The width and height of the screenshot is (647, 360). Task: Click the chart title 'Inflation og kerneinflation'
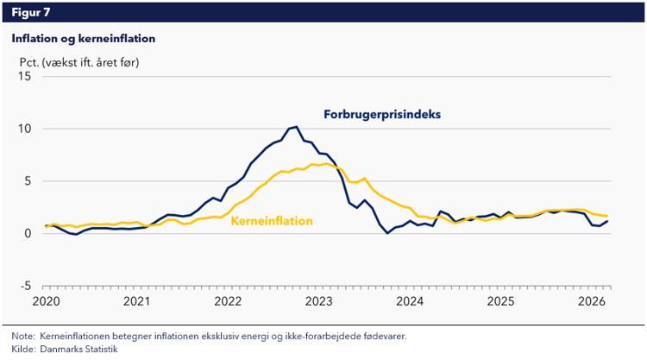click(x=83, y=39)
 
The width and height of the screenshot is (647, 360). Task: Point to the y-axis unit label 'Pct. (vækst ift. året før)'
click(x=79, y=62)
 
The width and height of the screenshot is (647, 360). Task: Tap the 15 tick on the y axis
click(x=24, y=77)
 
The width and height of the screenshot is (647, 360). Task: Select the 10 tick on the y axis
click(x=24, y=129)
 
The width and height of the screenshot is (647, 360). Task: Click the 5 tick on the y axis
click(x=28, y=181)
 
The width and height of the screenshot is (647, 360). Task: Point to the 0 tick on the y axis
click(x=28, y=233)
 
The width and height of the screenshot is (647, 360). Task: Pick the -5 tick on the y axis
click(x=26, y=286)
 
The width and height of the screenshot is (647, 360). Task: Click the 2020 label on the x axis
click(x=46, y=301)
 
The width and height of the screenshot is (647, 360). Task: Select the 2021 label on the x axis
click(x=136, y=301)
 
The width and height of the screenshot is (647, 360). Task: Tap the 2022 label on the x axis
click(x=228, y=301)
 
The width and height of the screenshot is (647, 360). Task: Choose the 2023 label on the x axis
click(x=318, y=301)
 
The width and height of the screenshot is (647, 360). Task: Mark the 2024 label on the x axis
click(x=410, y=301)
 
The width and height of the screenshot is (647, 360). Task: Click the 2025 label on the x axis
click(x=500, y=301)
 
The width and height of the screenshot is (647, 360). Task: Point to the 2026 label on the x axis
click(x=592, y=301)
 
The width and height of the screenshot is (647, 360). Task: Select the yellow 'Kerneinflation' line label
click(x=271, y=222)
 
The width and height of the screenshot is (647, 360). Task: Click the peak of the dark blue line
click(x=296, y=127)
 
